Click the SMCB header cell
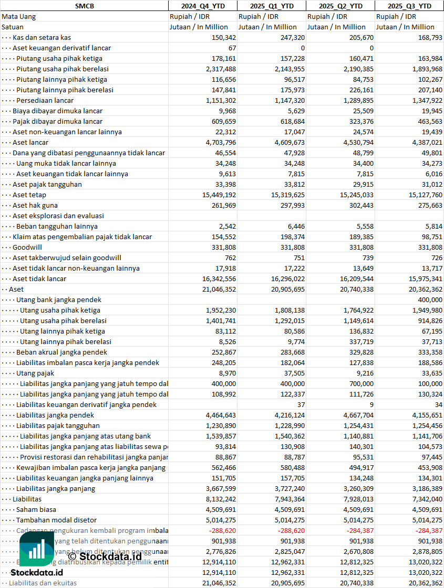[84, 6]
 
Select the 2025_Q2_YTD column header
[340, 6]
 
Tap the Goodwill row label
[27, 247]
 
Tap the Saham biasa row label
[36, 509]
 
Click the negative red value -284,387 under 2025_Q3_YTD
[427, 530]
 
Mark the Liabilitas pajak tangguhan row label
[58, 425]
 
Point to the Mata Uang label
[18, 16]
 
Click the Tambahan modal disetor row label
[56, 520]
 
